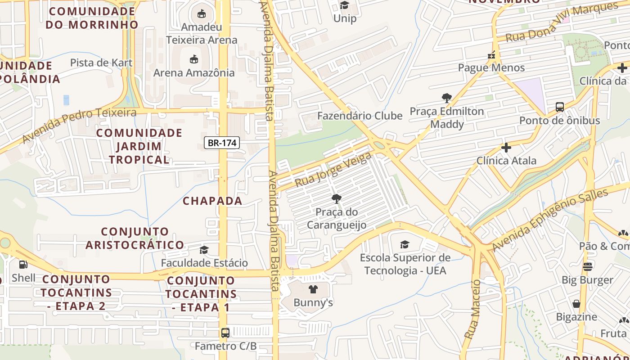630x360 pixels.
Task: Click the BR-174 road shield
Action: coord(222,143)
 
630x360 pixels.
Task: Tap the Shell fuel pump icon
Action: coord(23,265)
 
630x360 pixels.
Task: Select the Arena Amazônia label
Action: coord(194,72)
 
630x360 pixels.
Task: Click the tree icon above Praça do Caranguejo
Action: coord(336,198)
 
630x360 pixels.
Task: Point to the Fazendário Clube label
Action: coord(360,116)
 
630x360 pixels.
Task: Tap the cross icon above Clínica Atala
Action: coord(506,148)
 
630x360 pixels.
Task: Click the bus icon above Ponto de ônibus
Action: coord(560,107)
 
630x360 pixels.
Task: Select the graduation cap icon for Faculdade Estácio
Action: coord(204,250)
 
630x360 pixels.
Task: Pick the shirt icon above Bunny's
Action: coord(313,289)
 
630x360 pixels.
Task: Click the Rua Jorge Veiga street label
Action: coord(333,170)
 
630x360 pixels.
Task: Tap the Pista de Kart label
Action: coord(101,63)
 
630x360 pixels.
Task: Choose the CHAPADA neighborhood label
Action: coord(212,201)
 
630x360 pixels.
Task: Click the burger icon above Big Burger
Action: coord(587,267)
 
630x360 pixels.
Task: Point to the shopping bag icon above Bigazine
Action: coord(576,304)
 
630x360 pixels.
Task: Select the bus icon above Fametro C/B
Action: coord(225,333)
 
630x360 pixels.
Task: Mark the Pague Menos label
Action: coord(491,67)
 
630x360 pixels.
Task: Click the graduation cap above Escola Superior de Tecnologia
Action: coord(405,245)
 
